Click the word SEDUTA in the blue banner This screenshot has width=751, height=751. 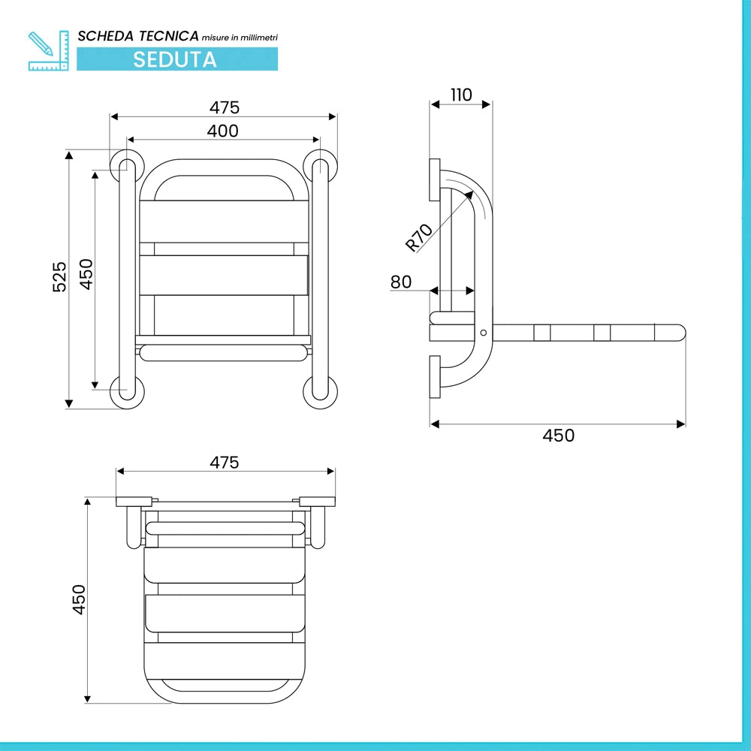pos(175,59)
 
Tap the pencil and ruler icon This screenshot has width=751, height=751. pos(48,51)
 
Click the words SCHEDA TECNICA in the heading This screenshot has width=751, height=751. pos(138,36)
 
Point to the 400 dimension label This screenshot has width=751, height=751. pos(223,131)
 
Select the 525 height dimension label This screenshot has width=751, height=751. pos(59,276)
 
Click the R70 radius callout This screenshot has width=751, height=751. pos(418,237)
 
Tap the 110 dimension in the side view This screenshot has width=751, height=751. pos(461,95)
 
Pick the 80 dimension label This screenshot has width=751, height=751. pos(401,282)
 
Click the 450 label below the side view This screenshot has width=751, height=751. pos(559,436)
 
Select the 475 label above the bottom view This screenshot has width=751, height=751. pos(224,462)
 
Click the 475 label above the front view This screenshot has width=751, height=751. pos(224,107)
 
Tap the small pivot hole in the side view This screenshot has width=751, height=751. pos(483,333)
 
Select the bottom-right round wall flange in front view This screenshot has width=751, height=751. pos(321,392)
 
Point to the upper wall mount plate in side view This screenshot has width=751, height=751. pos(434,180)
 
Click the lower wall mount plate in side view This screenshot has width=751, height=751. pos(434,377)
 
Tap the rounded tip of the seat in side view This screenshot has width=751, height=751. pos(681,333)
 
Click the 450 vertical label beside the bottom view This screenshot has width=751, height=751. pos(79,599)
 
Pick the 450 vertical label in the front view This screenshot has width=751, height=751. pos(86,274)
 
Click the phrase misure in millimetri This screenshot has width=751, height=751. pos(240,38)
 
